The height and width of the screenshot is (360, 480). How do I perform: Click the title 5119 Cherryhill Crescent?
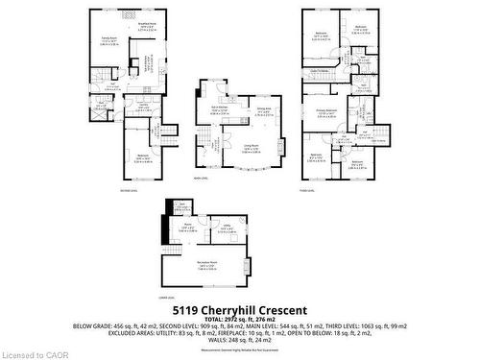tap(240, 310)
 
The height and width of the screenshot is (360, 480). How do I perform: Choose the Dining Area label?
tap(264, 110)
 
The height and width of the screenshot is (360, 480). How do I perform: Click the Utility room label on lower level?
tap(228, 227)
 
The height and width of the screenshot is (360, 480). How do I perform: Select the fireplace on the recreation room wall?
tap(248, 266)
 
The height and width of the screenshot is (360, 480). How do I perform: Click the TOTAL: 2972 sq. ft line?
tap(240, 320)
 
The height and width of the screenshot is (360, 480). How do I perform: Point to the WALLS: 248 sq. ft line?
tap(240, 340)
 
